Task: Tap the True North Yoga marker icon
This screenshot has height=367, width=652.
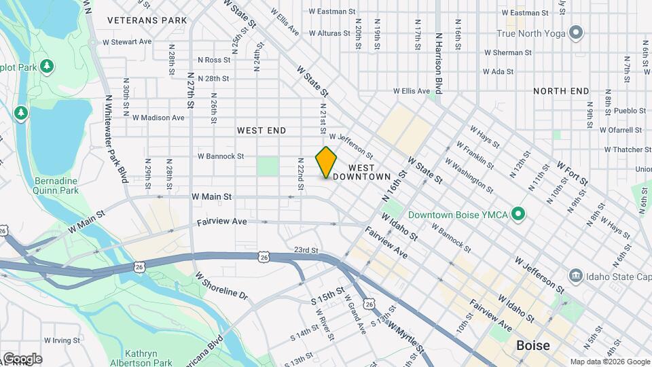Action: [x=577, y=32]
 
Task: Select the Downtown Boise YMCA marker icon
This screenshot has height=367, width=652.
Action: [x=519, y=215]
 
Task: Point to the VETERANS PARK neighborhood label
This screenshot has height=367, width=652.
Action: [x=147, y=20]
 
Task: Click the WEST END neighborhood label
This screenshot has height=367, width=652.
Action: [x=261, y=130]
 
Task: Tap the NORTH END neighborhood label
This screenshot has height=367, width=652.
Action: [x=560, y=91]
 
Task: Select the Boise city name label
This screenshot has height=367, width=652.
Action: [x=533, y=345]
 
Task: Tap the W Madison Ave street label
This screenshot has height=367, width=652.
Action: [x=158, y=118]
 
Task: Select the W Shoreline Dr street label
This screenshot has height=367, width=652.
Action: [x=222, y=286]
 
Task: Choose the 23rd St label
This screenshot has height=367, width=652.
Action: [x=306, y=250]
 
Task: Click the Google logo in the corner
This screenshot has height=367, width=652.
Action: [x=22, y=358]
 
